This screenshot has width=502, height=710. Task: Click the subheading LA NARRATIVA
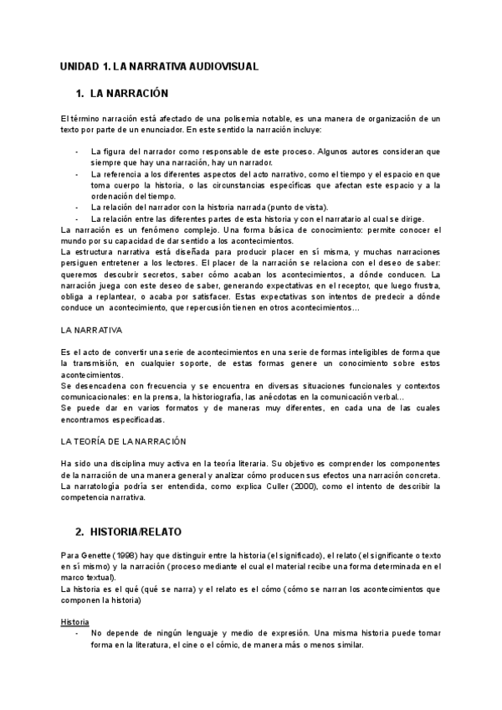[92, 331]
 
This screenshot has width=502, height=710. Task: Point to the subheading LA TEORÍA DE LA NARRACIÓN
[124, 441]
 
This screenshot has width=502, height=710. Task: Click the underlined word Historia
[76, 622]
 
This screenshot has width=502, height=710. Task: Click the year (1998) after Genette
[124, 554]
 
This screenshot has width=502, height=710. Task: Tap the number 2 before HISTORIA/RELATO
[80, 531]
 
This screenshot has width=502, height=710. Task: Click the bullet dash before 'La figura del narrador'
[76, 152]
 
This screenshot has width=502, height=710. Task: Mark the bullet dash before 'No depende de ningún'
[76, 634]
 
